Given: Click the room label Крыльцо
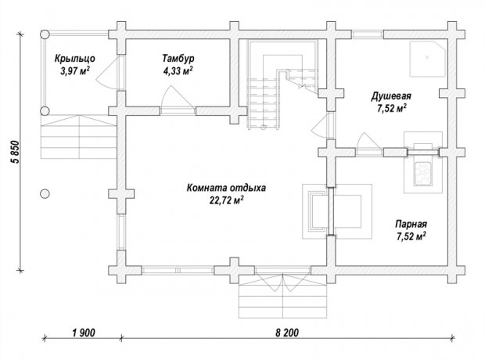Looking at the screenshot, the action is (75, 59).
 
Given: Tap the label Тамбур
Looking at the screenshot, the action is (178, 58).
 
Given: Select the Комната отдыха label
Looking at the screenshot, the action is (226, 188).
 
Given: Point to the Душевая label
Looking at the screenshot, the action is (391, 96).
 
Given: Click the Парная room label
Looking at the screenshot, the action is (411, 224).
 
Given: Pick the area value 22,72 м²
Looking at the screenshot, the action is (226, 200).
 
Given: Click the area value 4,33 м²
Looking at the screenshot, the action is (178, 71).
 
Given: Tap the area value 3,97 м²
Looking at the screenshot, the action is (75, 71).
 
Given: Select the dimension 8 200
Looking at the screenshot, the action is (287, 333).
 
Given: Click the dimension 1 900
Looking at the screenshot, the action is (84, 333).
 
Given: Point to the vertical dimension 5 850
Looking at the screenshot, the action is (15, 152).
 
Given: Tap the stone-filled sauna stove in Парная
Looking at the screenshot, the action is (423, 174).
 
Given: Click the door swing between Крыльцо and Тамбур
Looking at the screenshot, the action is (106, 73).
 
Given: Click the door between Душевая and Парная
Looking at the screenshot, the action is (368, 142).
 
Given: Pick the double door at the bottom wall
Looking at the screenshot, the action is (282, 279).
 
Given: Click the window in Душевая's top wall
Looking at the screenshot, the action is (368, 34).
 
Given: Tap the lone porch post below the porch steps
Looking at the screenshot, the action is (45, 194).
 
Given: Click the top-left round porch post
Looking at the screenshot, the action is (45, 34).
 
